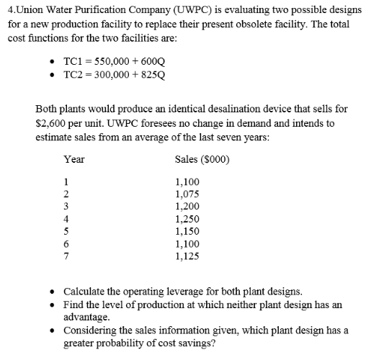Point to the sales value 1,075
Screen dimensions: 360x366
pos(187,194)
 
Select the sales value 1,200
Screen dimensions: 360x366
pos(187,206)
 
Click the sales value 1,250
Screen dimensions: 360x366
pos(187,218)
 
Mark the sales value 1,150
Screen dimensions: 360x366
pos(187,230)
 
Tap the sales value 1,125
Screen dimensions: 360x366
pos(187,255)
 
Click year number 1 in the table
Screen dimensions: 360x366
pos(66,182)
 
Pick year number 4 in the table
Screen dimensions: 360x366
pos(66,218)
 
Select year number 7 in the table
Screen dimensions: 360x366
pos(66,255)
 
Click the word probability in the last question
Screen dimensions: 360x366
pos(128,343)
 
